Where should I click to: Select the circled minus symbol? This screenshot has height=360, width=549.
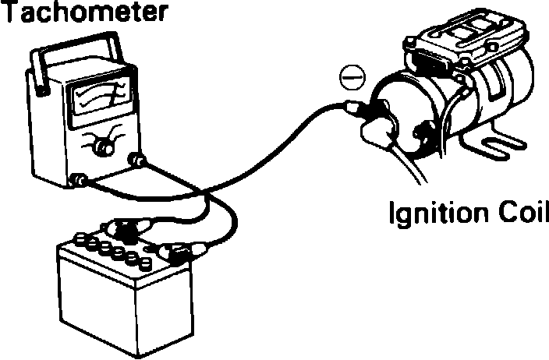point(350,78)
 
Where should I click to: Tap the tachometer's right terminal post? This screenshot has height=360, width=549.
point(140,161)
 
